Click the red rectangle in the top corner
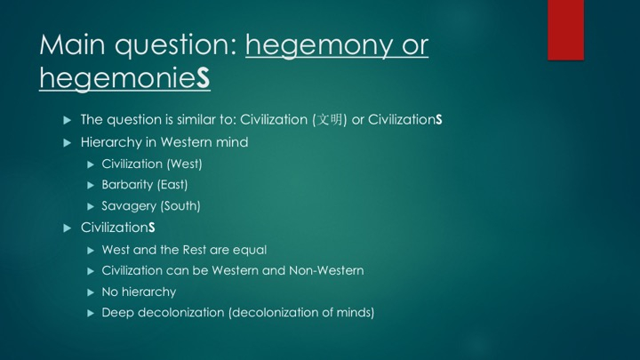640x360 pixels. coord(565,30)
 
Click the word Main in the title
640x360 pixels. coord(73,44)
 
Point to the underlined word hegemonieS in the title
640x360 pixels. coord(125,78)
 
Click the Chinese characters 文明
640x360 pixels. coord(330,120)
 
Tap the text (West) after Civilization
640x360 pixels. coord(185,164)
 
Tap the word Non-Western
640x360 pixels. coord(326,270)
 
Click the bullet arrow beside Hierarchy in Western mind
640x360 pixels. coord(68,143)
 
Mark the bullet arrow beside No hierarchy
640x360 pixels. coord(91,292)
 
